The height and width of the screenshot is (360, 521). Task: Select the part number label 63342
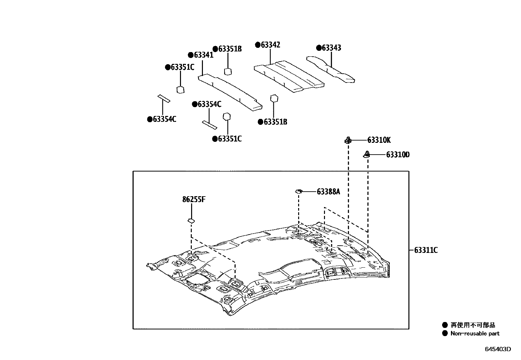[270, 45]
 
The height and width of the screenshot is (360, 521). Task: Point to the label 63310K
[379, 141]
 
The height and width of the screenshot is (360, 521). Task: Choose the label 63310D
[398, 155]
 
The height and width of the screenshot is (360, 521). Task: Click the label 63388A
[328, 192]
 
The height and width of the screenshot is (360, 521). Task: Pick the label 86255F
[194, 199]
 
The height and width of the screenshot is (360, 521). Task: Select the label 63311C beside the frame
[426, 251]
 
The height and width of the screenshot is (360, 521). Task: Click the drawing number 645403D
[497, 349]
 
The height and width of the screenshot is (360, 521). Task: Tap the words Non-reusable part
[475, 333]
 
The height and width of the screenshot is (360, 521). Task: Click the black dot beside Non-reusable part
[445, 333]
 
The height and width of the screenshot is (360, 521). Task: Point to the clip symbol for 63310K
[348, 141]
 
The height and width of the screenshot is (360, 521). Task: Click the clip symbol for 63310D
[367, 154]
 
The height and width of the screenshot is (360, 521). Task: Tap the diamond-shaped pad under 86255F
[191, 221]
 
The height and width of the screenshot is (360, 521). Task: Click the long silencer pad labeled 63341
[229, 92]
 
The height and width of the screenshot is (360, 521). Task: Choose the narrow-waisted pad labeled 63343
[331, 70]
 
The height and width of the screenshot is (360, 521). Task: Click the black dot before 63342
[258, 45]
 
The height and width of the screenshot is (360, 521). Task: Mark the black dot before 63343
[319, 48]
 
